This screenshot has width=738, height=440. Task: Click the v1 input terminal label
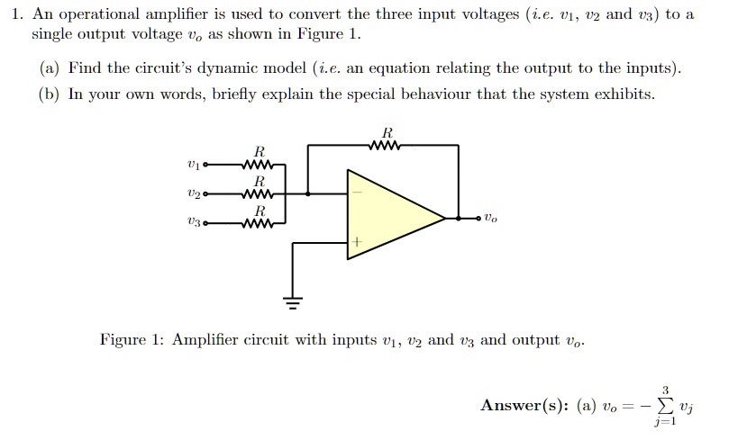[x=192, y=166]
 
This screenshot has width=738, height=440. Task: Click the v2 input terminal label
[x=192, y=193]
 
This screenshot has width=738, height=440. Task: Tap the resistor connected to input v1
[x=260, y=166]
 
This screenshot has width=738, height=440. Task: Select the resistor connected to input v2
[x=260, y=193]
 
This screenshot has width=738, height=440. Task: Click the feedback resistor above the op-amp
[x=385, y=145]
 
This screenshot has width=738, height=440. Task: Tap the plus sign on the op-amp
[x=358, y=242]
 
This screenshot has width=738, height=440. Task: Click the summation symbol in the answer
[x=663, y=406]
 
